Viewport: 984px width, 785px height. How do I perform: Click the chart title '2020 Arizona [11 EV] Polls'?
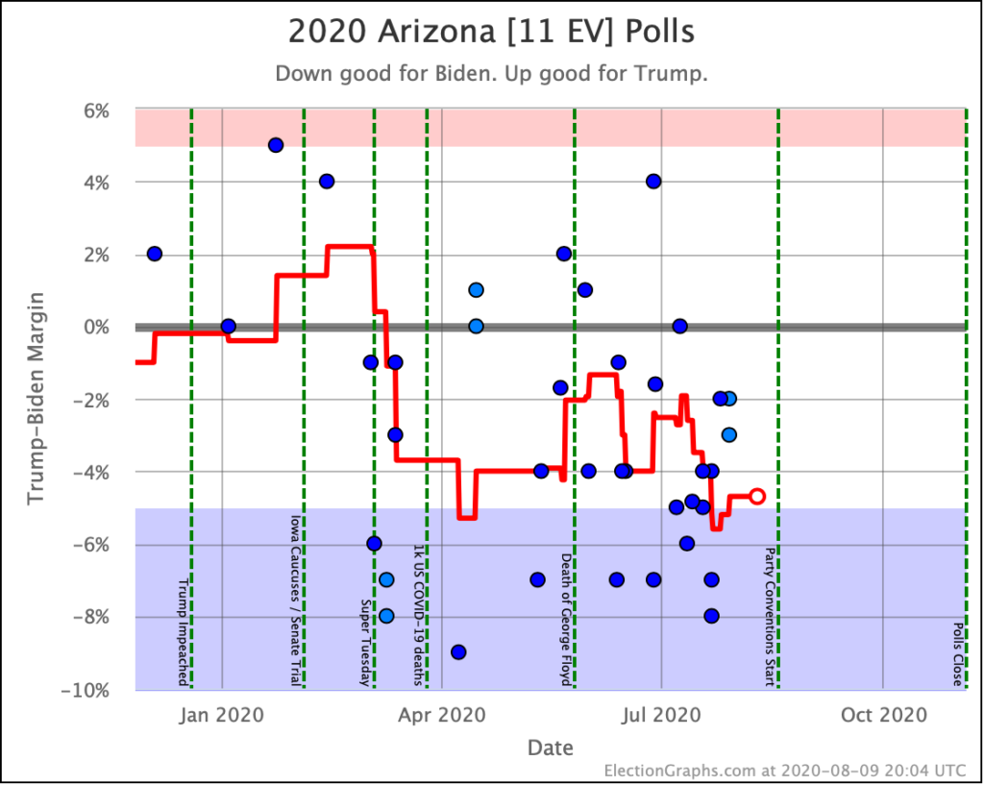(x=491, y=32)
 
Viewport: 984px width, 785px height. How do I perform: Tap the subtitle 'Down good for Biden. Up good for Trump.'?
(x=491, y=74)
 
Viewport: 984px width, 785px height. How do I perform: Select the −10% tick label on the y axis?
(x=92, y=690)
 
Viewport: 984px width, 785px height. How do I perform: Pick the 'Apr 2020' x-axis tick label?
(x=442, y=715)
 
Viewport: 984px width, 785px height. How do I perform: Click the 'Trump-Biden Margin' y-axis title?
(x=36, y=400)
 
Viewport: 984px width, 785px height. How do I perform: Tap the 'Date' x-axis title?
(x=550, y=748)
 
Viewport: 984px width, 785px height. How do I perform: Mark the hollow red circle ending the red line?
(x=757, y=496)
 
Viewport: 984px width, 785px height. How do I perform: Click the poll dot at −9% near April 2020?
(x=458, y=651)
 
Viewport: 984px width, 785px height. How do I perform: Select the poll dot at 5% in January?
(x=276, y=145)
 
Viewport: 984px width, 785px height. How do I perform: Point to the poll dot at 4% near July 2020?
(x=653, y=182)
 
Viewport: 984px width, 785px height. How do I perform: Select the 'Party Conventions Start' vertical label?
(x=770, y=617)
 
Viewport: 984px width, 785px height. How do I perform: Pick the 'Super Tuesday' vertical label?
(x=366, y=642)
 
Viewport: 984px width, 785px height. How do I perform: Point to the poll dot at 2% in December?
(x=154, y=254)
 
